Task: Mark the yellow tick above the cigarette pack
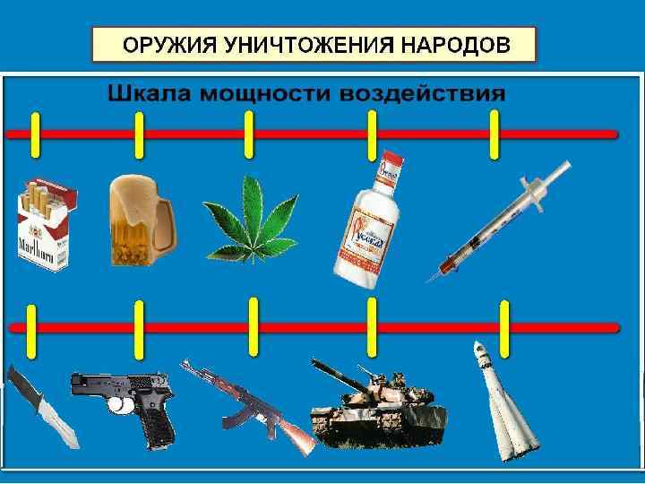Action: tap(35, 134)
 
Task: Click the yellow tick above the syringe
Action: tap(494, 134)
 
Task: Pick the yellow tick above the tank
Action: tap(372, 326)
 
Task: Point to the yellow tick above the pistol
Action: tap(139, 327)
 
